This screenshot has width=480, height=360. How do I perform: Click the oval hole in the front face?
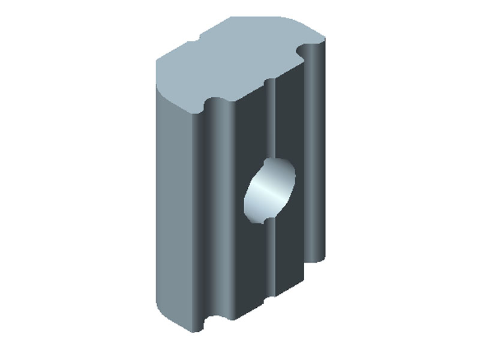pyautogui.click(x=270, y=191)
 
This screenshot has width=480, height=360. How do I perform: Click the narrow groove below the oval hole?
pyautogui.click(x=270, y=258)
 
